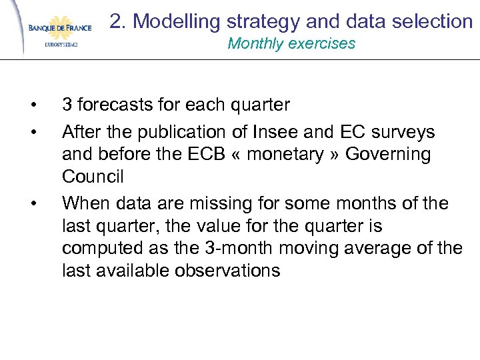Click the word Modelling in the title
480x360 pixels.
click(174, 21)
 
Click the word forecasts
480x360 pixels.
click(115, 105)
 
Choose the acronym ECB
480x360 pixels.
click(183, 155)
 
